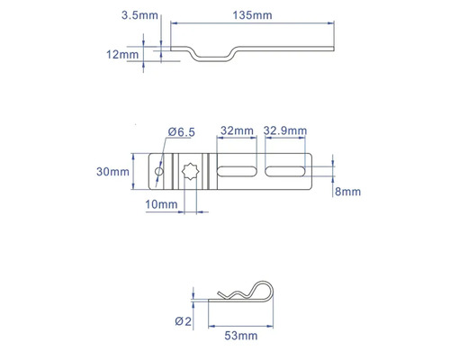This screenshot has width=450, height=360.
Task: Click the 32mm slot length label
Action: tap(235, 130)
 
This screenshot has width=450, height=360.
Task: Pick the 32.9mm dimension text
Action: tap(283, 130)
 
